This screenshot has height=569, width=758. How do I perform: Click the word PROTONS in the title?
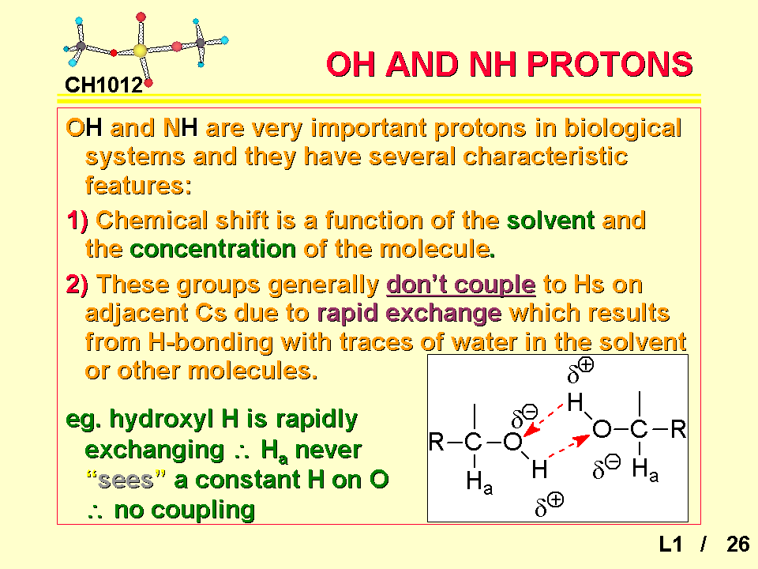(610, 64)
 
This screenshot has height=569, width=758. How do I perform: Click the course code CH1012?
(104, 85)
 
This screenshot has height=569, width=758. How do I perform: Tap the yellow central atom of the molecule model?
(140, 51)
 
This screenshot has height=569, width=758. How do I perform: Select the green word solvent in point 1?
(550, 220)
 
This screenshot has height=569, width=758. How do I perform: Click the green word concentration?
(212, 249)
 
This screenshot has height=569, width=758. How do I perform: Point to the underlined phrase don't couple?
(460, 284)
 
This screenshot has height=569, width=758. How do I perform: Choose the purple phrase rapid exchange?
(409, 313)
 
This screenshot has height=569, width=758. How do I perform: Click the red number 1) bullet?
(77, 220)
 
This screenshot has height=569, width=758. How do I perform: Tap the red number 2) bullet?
(77, 284)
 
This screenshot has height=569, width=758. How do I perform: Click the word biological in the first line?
(623, 128)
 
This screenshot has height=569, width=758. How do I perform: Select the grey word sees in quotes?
(126, 480)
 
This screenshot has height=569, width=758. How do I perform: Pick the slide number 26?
(737, 545)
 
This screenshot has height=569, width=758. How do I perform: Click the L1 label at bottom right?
(670, 545)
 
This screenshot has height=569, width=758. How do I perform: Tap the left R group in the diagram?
(436, 442)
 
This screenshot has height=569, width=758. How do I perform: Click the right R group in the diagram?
(678, 429)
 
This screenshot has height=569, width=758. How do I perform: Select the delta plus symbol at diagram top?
(580, 371)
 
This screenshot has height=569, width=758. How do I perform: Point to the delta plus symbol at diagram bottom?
(550, 505)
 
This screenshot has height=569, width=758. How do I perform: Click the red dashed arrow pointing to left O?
(544, 419)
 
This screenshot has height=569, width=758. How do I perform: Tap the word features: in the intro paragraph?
(138, 186)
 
